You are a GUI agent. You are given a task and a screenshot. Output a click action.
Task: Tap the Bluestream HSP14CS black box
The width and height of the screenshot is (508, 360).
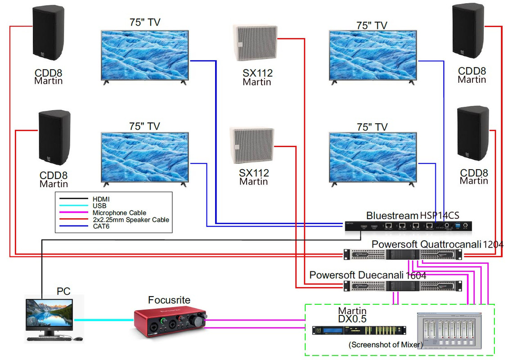(408, 226)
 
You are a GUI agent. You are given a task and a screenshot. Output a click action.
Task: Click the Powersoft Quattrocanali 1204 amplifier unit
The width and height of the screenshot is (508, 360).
(402, 255)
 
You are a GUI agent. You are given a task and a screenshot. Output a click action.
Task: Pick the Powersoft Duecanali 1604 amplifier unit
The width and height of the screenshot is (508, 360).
(402, 285)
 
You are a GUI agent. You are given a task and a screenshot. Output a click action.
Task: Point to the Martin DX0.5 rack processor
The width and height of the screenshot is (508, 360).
(359, 330)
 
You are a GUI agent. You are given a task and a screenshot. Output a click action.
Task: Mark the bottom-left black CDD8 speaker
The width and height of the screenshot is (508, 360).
(54, 137)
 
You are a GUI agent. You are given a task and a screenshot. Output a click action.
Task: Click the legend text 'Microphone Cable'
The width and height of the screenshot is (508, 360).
(119, 213)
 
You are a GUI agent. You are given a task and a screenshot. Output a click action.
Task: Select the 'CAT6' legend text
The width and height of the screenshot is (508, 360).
(101, 226)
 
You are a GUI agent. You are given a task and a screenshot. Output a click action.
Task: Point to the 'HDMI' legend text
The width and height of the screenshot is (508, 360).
(101, 199)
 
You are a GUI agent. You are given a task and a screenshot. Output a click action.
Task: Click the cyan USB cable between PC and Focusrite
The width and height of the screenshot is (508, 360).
(104, 319)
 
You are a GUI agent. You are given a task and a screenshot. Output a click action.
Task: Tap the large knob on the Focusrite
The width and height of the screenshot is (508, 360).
(197, 320)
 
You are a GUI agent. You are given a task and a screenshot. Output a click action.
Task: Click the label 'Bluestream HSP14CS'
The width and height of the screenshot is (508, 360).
(412, 216)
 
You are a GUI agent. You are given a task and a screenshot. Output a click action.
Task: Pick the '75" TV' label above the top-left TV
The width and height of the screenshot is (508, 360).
(144, 22)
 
